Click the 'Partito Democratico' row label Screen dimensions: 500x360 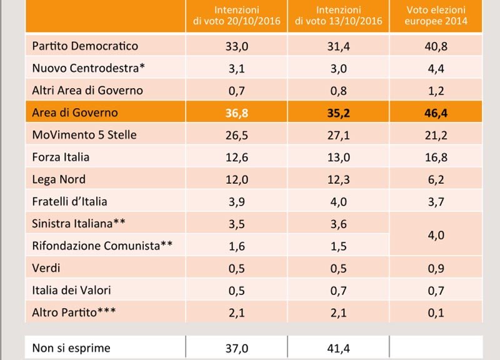tap(85, 46)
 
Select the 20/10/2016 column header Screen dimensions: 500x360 tap(237, 16)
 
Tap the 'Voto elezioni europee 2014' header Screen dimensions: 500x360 tap(436, 16)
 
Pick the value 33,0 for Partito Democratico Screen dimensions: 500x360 tap(237, 46)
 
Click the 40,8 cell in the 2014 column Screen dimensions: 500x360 tap(436, 46)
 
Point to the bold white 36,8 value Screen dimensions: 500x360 tap(237, 113)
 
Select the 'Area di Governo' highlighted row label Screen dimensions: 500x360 tap(75, 113)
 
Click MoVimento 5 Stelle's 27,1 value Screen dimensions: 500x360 tap(338, 136)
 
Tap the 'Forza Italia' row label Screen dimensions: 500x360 tap(61, 157)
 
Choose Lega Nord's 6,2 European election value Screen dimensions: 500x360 tap(436, 180)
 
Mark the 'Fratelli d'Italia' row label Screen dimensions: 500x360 tap(69, 201)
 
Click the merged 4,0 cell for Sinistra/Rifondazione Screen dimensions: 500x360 tap(436, 236)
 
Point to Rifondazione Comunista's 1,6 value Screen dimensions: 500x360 tap(237, 246)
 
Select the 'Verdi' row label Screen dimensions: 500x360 tap(46, 268)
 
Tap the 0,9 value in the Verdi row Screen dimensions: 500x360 tap(436, 269)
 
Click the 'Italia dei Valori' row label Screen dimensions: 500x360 tap(71, 291)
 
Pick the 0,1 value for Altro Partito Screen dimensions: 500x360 tap(436, 313)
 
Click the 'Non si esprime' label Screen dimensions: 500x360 tap(71, 348)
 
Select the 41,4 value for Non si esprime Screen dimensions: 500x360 tap(338, 349)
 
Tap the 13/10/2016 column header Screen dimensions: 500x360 tap(338, 16)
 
